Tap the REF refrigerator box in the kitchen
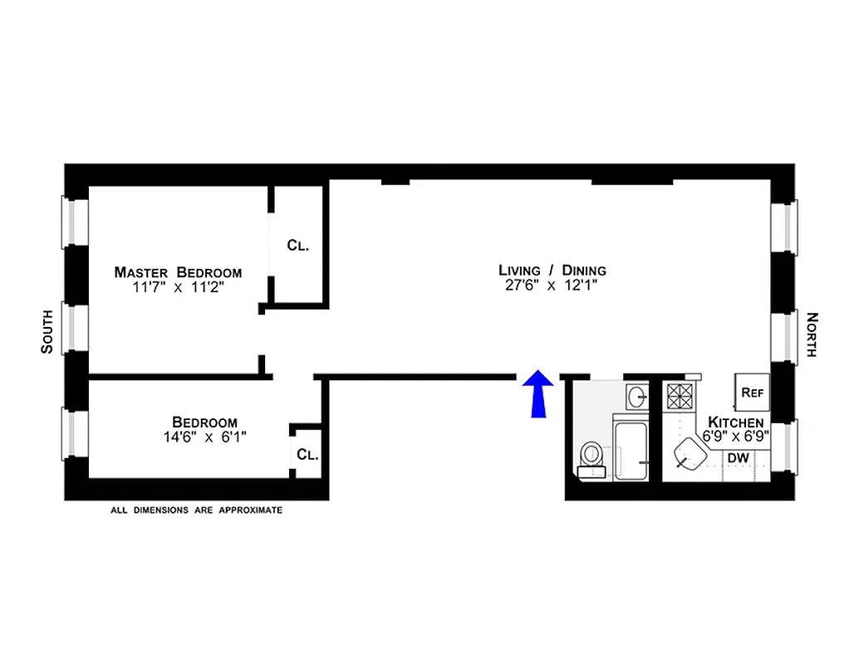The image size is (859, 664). (752, 390)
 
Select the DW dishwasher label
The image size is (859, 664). (738, 458)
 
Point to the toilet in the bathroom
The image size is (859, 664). (592, 456)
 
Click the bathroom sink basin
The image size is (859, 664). (638, 396)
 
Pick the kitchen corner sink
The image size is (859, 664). (689, 453)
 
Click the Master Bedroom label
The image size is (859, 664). (178, 272)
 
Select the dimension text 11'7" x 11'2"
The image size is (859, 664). (178, 288)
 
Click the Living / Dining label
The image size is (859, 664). (552, 270)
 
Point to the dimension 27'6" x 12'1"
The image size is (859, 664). (552, 286)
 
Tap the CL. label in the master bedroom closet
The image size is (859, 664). (298, 245)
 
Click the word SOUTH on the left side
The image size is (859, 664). (47, 330)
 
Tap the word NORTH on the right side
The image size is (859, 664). (812, 334)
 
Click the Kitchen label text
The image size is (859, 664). (736, 423)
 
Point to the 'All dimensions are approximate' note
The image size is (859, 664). (196, 510)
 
